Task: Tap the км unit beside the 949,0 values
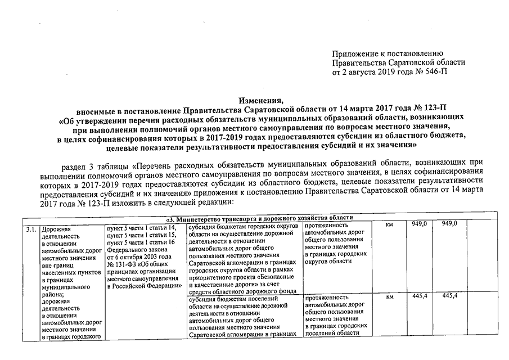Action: (x=389, y=225)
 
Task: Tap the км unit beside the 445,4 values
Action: (x=389, y=297)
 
